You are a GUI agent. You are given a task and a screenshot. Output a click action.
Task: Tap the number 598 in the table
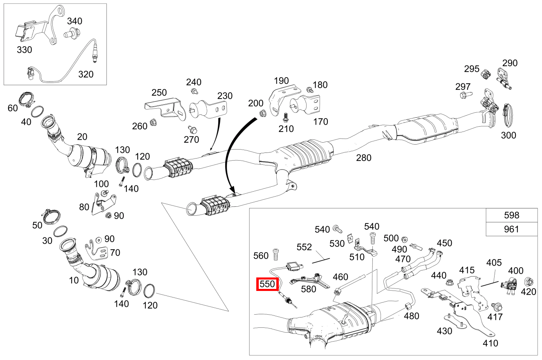[511, 215]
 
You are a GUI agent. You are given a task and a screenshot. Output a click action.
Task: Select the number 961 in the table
[511, 229]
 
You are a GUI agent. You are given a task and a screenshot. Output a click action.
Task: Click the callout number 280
[363, 157]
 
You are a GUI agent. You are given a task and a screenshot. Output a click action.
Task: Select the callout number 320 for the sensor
[86, 74]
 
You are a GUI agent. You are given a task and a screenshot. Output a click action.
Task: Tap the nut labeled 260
[154, 122]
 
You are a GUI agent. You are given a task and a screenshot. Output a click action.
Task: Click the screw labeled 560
[275, 255]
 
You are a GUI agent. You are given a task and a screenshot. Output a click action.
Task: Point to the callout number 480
[412, 316]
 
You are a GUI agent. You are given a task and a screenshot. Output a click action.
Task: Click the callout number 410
[490, 343]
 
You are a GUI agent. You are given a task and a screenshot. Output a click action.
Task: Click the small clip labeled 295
[486, 74]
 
